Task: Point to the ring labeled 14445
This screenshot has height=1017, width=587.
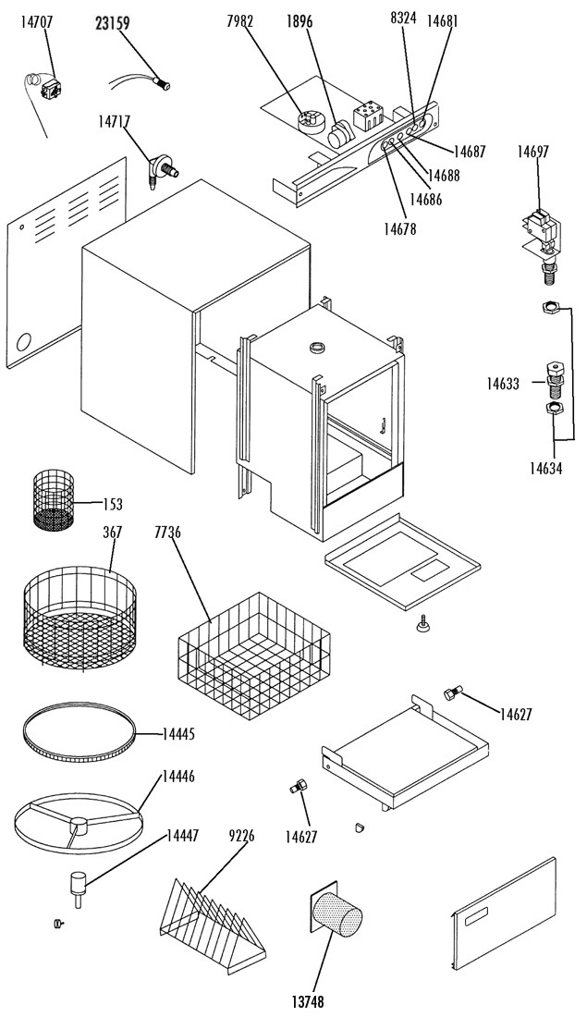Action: [79, 736]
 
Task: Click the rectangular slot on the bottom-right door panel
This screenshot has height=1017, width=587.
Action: [477, 917]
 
